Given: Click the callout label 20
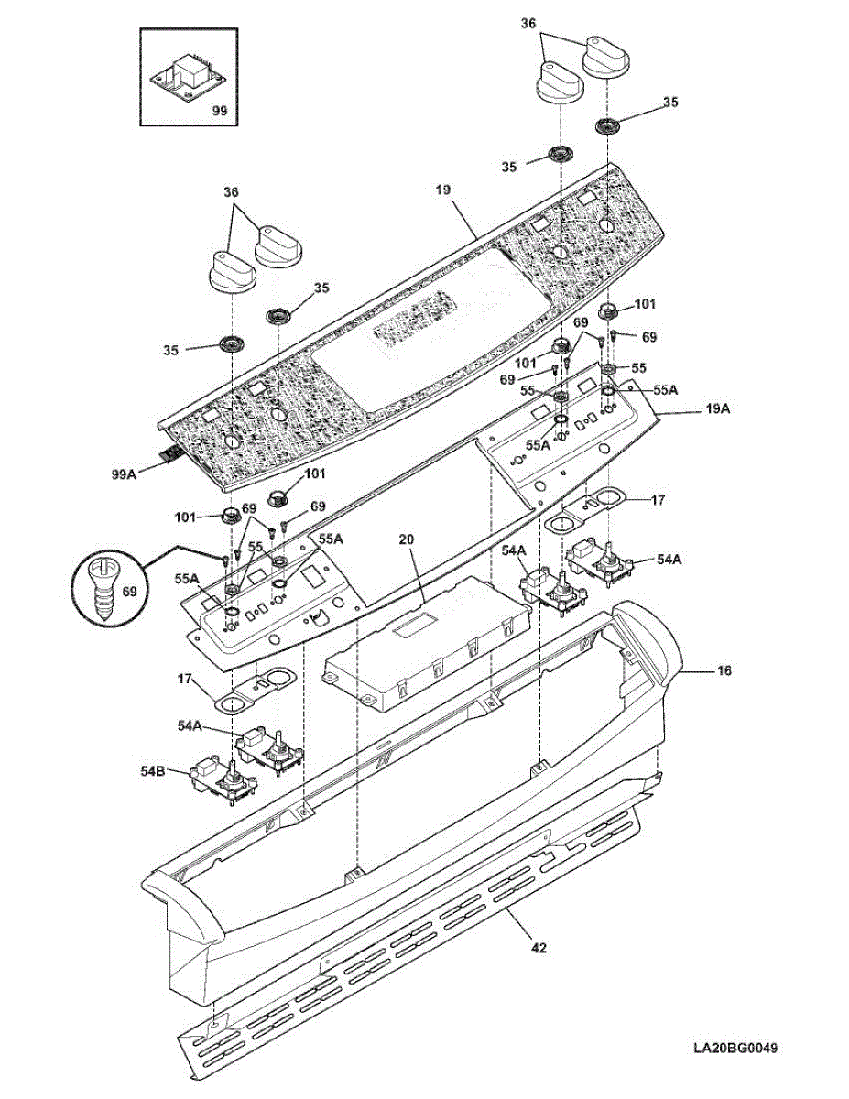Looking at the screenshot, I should tap(407, 540).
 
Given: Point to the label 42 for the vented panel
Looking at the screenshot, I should tap(539, 948).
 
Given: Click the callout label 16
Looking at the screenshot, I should tap(724, 671).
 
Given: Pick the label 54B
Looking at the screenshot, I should tap(153, 771).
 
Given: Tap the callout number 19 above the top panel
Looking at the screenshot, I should tap(443, 191).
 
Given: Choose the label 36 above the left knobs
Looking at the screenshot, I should tap(231, 192).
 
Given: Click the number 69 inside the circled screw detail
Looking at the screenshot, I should tap(129, 592).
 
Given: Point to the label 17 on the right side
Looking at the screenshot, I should tap(658, 500).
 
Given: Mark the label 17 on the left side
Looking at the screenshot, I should tap(184, 680).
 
